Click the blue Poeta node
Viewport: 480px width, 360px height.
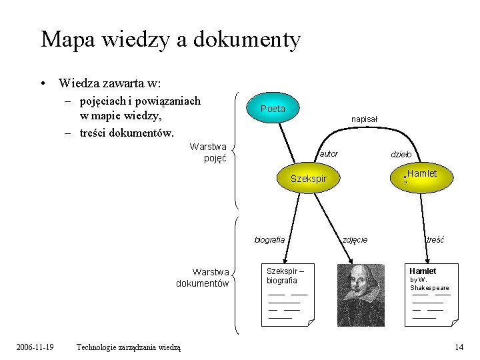[x=273, y=109]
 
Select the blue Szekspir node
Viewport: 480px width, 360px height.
[x=309, y=179]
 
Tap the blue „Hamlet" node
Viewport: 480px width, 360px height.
[x=419, y=176]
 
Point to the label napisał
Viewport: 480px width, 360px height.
[x=364, y=119]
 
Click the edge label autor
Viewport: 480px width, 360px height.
[x=329, y=154]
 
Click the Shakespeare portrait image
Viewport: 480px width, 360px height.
[x=361, y=295]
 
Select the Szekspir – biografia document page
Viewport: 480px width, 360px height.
[x=287, y=295]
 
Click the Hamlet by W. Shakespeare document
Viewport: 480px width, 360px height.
[x=431, y=295]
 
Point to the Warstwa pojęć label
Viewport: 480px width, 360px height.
[x=208, y=152]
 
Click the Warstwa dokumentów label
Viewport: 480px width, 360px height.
[x=202, y=277]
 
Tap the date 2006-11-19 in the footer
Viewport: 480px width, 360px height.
[x=35, y=347]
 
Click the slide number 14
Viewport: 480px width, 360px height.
[x=459, y=347]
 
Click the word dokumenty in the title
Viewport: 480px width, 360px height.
[x=247, y=40]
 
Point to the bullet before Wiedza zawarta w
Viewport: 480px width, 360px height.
[x=43, y=84]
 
